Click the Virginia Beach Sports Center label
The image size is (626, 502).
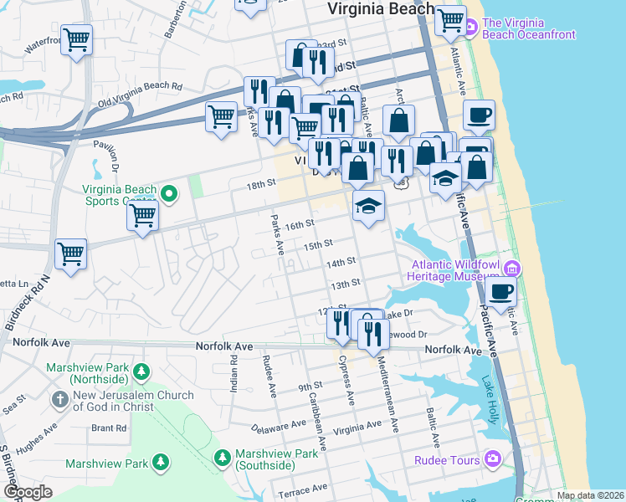[119, 195]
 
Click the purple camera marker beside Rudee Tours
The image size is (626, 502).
[494, 459]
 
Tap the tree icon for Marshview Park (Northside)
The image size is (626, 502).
[142, 370]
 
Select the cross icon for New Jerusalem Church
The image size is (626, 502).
[59, 400]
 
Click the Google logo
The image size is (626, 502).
[28, 492]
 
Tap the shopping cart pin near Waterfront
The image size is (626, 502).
[76, 38]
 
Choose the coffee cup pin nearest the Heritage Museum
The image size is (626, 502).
[500, 292]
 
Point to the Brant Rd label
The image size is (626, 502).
[109, 428]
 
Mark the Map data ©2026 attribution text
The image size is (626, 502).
[590, 495]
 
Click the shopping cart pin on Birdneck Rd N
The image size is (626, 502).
[70, 254]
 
